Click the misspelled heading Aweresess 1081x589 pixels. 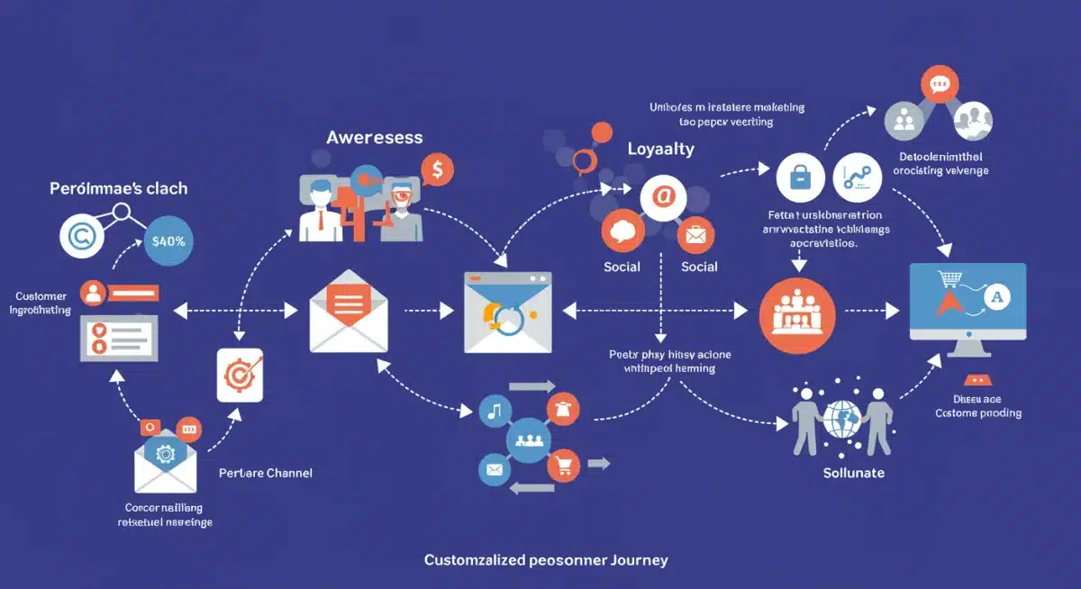[x=374, y=138]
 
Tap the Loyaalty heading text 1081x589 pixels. [x=660, y=149]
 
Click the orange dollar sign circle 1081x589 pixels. [x=437, y=168]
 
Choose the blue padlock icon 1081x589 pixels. [x=799, y=177]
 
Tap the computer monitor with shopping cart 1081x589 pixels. [x=967, y=303]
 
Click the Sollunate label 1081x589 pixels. [x=853, y=473]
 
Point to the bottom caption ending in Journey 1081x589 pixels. [x=546, y=560]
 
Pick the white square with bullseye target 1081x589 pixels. [x=240, y=375]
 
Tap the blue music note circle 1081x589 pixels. [x=494, y=412]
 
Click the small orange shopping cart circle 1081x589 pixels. [x=564, y=466]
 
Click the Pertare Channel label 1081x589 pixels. [x=266, y=473]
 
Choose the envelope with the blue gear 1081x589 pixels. [x=165, y=457]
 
